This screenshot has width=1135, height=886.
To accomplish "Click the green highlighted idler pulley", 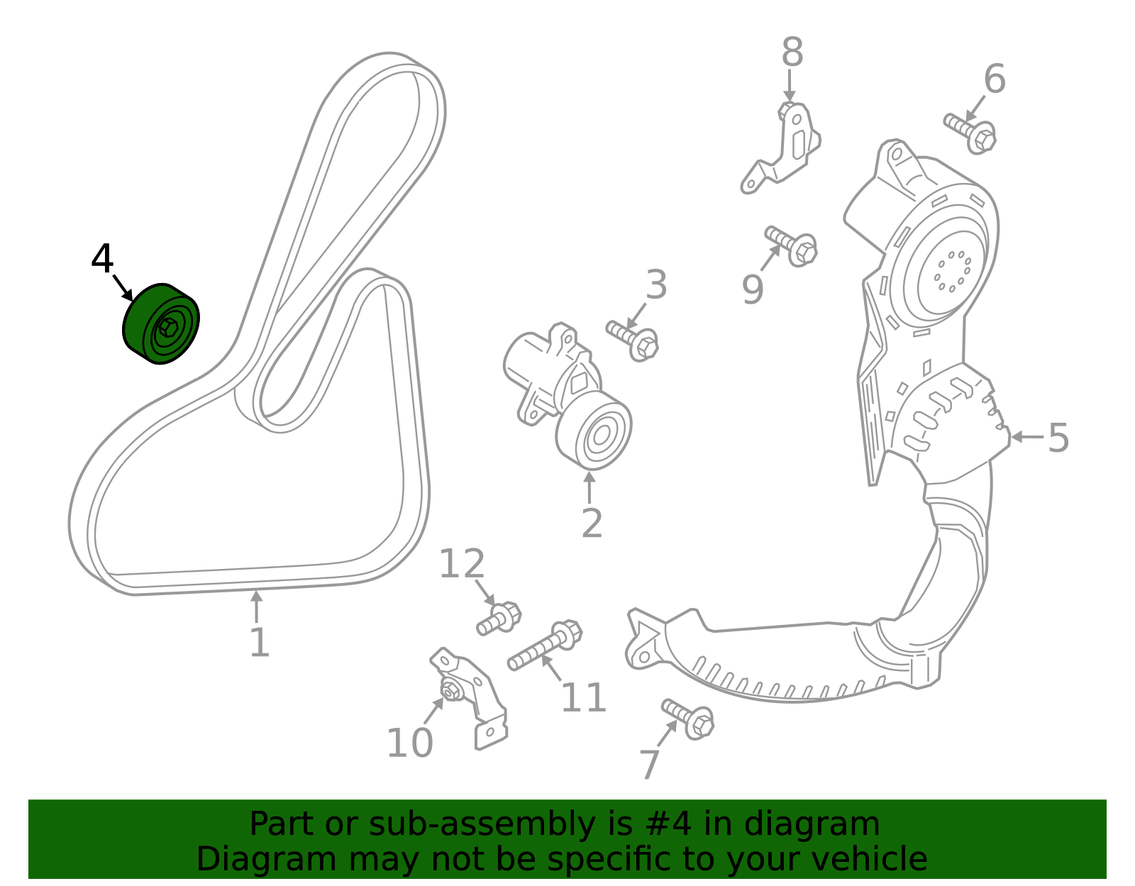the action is click(x=161, y=324).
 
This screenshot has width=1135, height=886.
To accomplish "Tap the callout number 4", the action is click(x=102, y=259).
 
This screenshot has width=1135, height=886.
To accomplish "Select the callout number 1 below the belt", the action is click(x=260, y=643).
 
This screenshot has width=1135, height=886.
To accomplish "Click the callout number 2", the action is click(x=592, y=523).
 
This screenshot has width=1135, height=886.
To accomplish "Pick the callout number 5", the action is click(x=1058, y=438).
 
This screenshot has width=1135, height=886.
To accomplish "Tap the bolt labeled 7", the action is click(x=688, y=719).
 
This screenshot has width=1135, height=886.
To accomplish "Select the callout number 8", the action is click(x=792, y=52).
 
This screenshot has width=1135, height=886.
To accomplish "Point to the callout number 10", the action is click(x=410, y=743).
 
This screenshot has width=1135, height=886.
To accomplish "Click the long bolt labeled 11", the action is click(x=545, y=645).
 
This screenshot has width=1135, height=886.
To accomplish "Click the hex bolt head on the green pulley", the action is click(x=167, y=328).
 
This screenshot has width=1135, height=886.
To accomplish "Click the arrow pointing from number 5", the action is click(x=1028, y=437).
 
